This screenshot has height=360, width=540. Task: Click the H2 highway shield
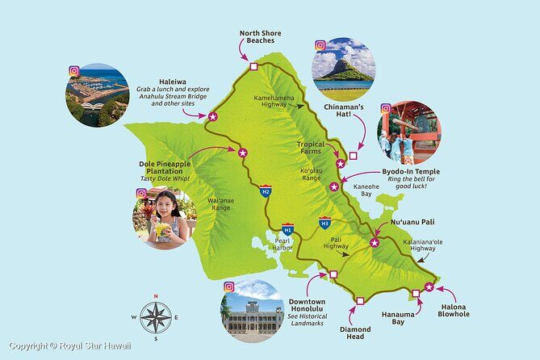[266, 191]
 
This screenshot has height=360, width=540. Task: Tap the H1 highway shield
[287, 230]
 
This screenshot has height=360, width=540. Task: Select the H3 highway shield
[324, 222]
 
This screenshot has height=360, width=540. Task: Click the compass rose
[156, 316]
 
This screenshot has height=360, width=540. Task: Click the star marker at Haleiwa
[213, 117]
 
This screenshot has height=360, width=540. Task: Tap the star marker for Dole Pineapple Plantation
[242, 152]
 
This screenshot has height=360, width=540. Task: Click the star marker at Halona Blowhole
[429, 287]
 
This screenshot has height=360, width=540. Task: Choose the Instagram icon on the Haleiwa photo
[74, 71]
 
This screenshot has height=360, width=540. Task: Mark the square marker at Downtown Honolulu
[333, 274]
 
